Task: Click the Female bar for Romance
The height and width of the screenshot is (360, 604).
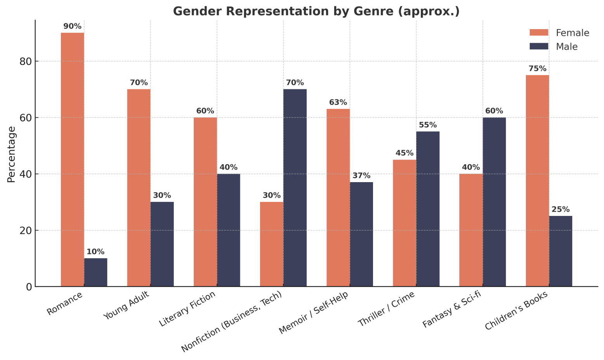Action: tap(72, 159)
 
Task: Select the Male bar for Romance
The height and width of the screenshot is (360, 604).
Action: tap(95, 272)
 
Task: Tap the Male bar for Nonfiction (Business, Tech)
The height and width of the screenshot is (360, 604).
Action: tap(295, 188)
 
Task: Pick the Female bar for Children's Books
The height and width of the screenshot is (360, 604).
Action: tap(537, 181)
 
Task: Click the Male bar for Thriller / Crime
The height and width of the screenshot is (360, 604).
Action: tap(428, 209)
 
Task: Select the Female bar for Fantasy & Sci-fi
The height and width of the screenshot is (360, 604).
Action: tap(471, 230)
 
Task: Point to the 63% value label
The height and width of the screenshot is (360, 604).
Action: tap(338, 103)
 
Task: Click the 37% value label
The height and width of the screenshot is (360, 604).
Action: tap(361, 176)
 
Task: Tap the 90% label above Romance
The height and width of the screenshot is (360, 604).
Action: tap(72, 26)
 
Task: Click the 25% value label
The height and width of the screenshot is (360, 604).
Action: tap(561, 209)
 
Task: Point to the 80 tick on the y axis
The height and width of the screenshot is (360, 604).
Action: tap(26, 61)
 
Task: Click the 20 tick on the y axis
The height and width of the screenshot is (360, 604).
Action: tap(26, 231)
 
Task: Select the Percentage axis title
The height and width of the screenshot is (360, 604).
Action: tap(12, 154)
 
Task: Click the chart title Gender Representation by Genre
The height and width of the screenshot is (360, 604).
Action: tap(316, 11)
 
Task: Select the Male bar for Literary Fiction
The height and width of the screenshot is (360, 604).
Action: tap(228, 230)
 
